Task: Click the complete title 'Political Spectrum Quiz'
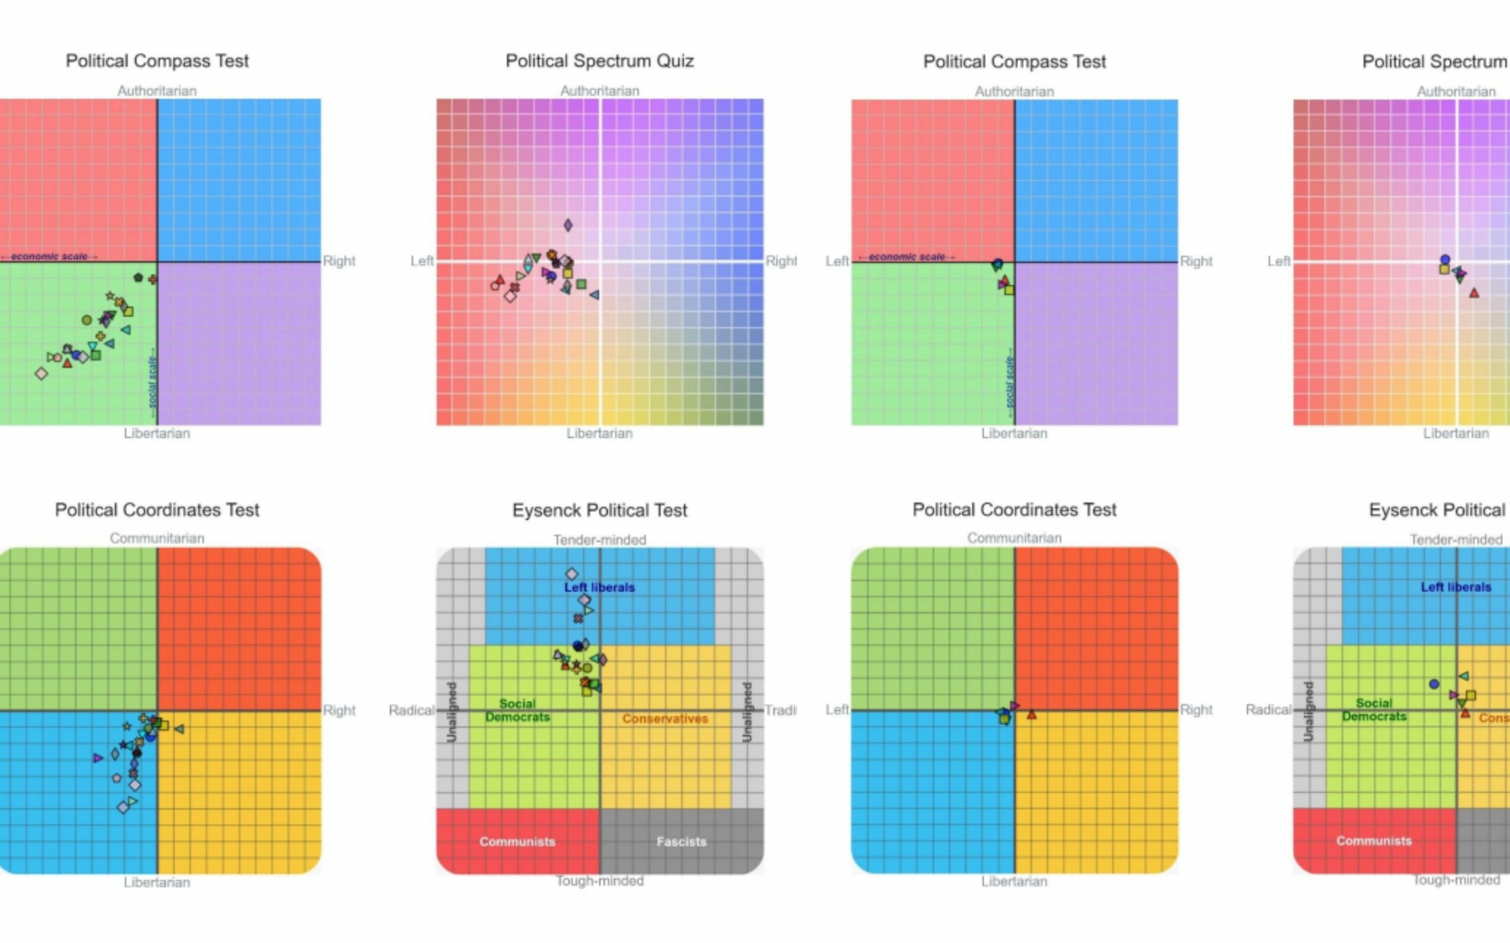coord(599,61)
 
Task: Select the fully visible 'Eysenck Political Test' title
coord(599,510)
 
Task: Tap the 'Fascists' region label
coord(681,842)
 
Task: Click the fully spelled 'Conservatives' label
coord(665,718)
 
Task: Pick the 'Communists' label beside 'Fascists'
coord(517,842)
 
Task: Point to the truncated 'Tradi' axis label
coord(780,710)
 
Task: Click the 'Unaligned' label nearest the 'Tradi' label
coord(746,711)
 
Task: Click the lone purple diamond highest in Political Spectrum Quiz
coord(568,225)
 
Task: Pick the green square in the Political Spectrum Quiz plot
coord(581,285)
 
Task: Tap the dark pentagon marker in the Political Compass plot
coord(138,278)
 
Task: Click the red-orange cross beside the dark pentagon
coord(153,279)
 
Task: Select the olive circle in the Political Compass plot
coord(87,320)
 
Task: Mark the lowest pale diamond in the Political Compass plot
coord(41,374)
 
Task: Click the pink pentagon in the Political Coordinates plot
coord(117,778)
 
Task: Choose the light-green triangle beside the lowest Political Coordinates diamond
coord(132,801)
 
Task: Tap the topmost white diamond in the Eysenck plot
coord(572,573)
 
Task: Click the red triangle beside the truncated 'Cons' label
coord(1466,712)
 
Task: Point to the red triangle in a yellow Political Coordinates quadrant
coord(1032,715)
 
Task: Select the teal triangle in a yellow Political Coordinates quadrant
coord(179,728)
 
